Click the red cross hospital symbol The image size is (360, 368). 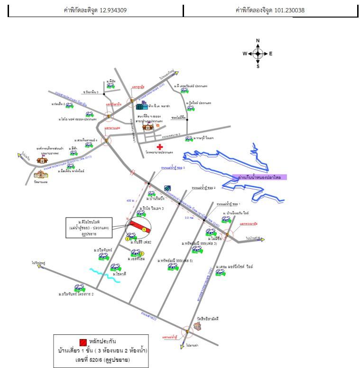[x=153, y=147]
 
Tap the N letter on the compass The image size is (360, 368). [x=258, y=41]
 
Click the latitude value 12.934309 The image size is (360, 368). [x=113, y=10]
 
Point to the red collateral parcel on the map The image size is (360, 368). [x=141, y=227]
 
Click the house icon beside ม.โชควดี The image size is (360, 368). [x=115, y=267]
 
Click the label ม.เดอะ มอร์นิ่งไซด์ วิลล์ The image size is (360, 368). [x=237, y=267]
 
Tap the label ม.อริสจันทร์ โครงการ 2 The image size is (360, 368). [x=76, y=294]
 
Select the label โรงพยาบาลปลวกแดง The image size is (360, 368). [x=159, y=153]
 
